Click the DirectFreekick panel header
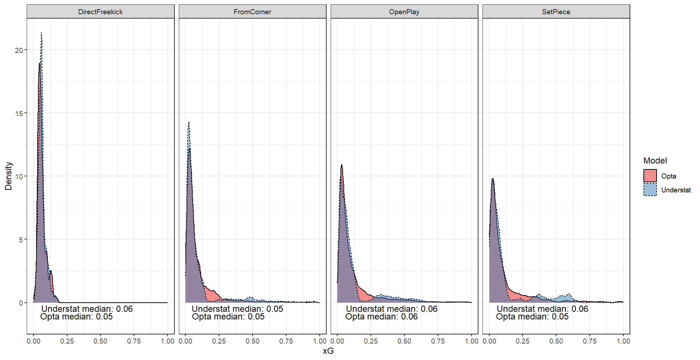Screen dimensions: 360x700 [100, 12]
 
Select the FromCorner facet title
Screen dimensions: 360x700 [252, 12]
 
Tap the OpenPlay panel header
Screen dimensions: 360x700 [404, 12]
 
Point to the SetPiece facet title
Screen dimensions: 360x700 [556, 12]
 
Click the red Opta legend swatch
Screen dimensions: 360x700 [650, 176]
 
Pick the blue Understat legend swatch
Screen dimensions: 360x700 [650, 190]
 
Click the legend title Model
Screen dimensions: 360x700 [655, 161]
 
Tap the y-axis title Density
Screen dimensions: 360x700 [8, 176]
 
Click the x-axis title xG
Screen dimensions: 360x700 [328, 351]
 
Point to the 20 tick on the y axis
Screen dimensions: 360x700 [19, 50]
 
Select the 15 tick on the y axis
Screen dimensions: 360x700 [19, 114]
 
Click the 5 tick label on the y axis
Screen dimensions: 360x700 [20, 240]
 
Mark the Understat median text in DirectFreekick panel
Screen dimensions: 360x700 [87, 309]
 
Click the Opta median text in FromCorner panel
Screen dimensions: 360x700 [228, 317]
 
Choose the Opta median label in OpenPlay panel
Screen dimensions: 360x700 [381, 317]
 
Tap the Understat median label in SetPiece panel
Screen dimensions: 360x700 [542, 309]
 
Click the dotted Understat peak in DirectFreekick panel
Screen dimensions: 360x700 [41, 34]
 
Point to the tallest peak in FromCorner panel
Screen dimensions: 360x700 [189, 123]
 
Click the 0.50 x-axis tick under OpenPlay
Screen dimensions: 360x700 [404, 341]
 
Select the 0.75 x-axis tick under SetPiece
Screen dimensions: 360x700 [589, 341]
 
